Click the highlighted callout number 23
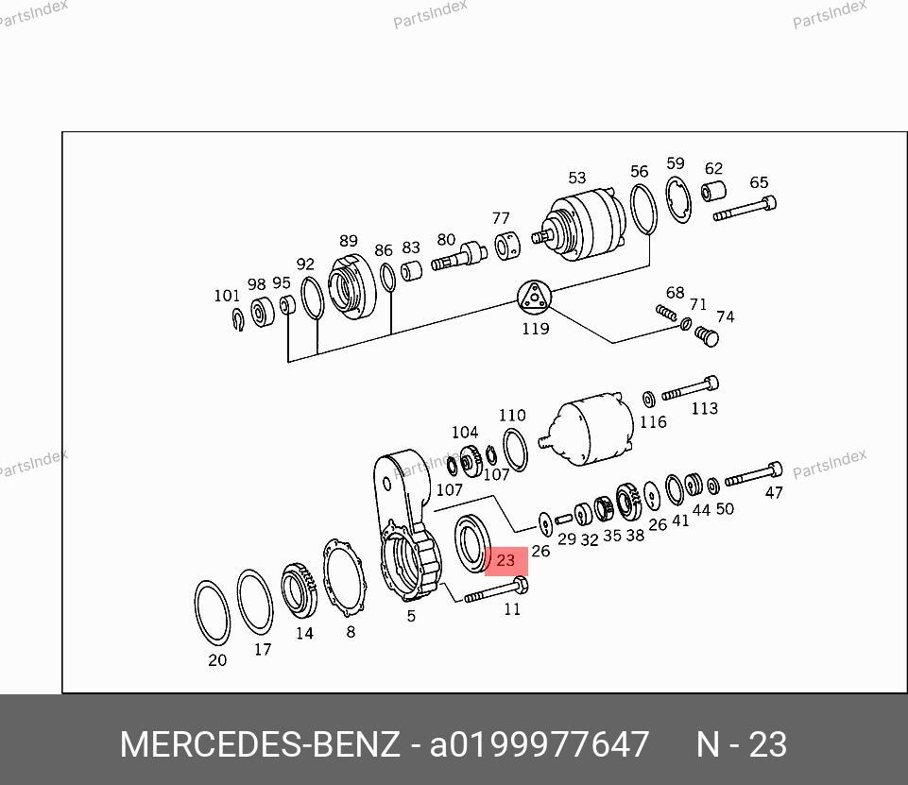[x=505, y=560]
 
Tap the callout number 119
[x=536, y=329]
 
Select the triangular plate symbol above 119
[x=534, y=298]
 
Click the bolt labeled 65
[x=745, y=209]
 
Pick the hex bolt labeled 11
[x=496, y=589]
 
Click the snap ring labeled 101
[x=238, y=319]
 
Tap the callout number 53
[x=576, y=178]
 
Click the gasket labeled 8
[x=344, y=579]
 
